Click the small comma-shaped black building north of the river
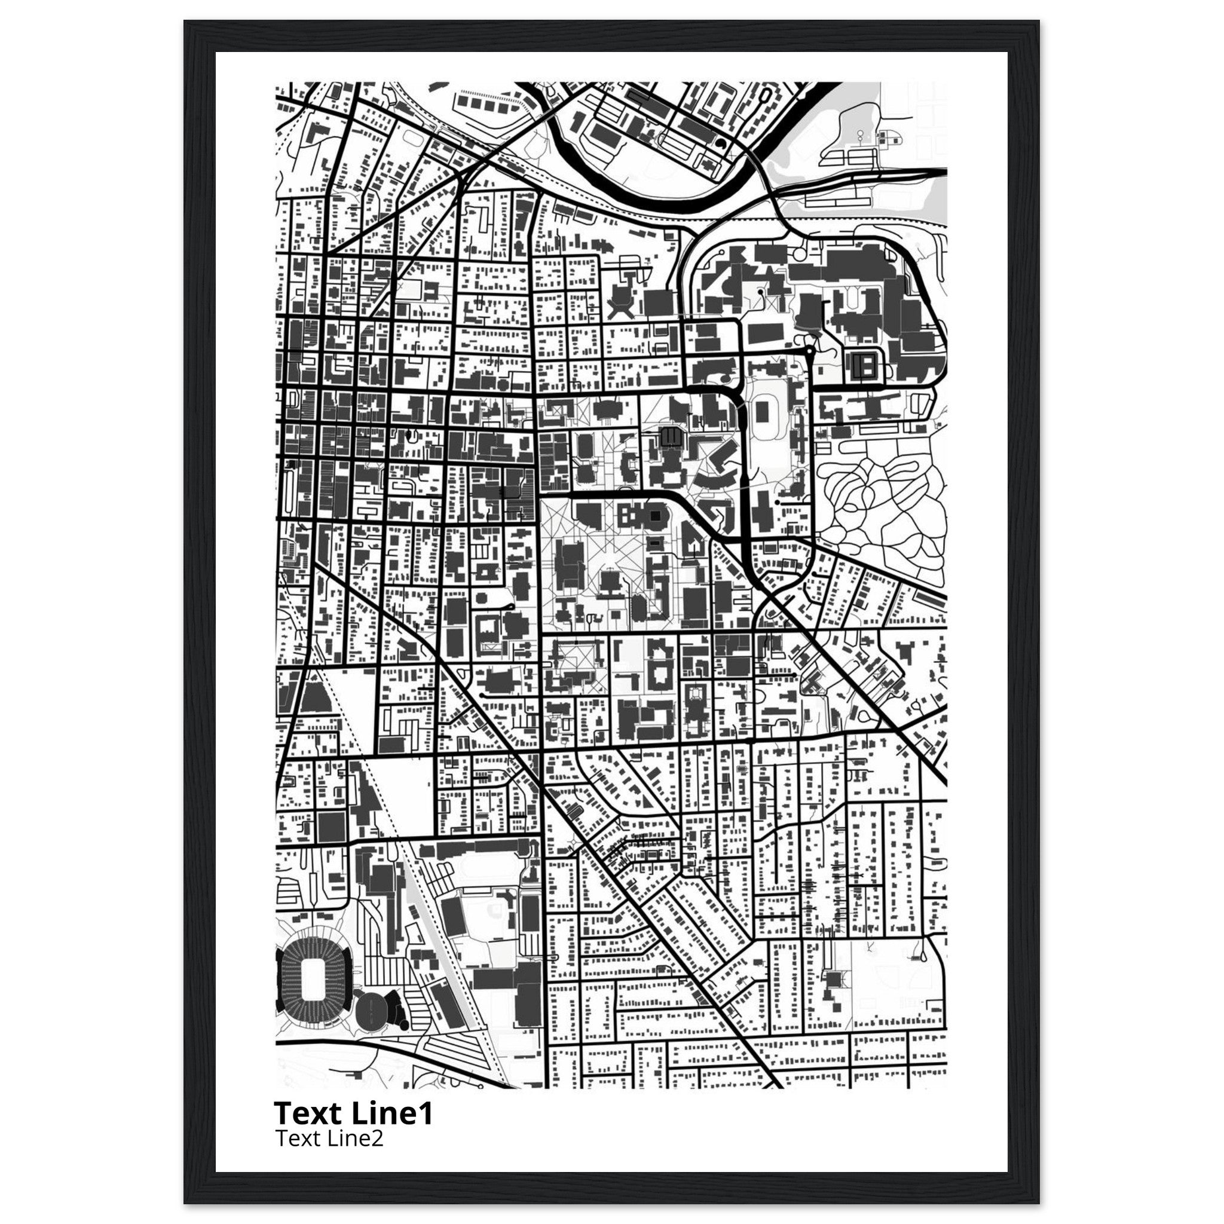721,145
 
